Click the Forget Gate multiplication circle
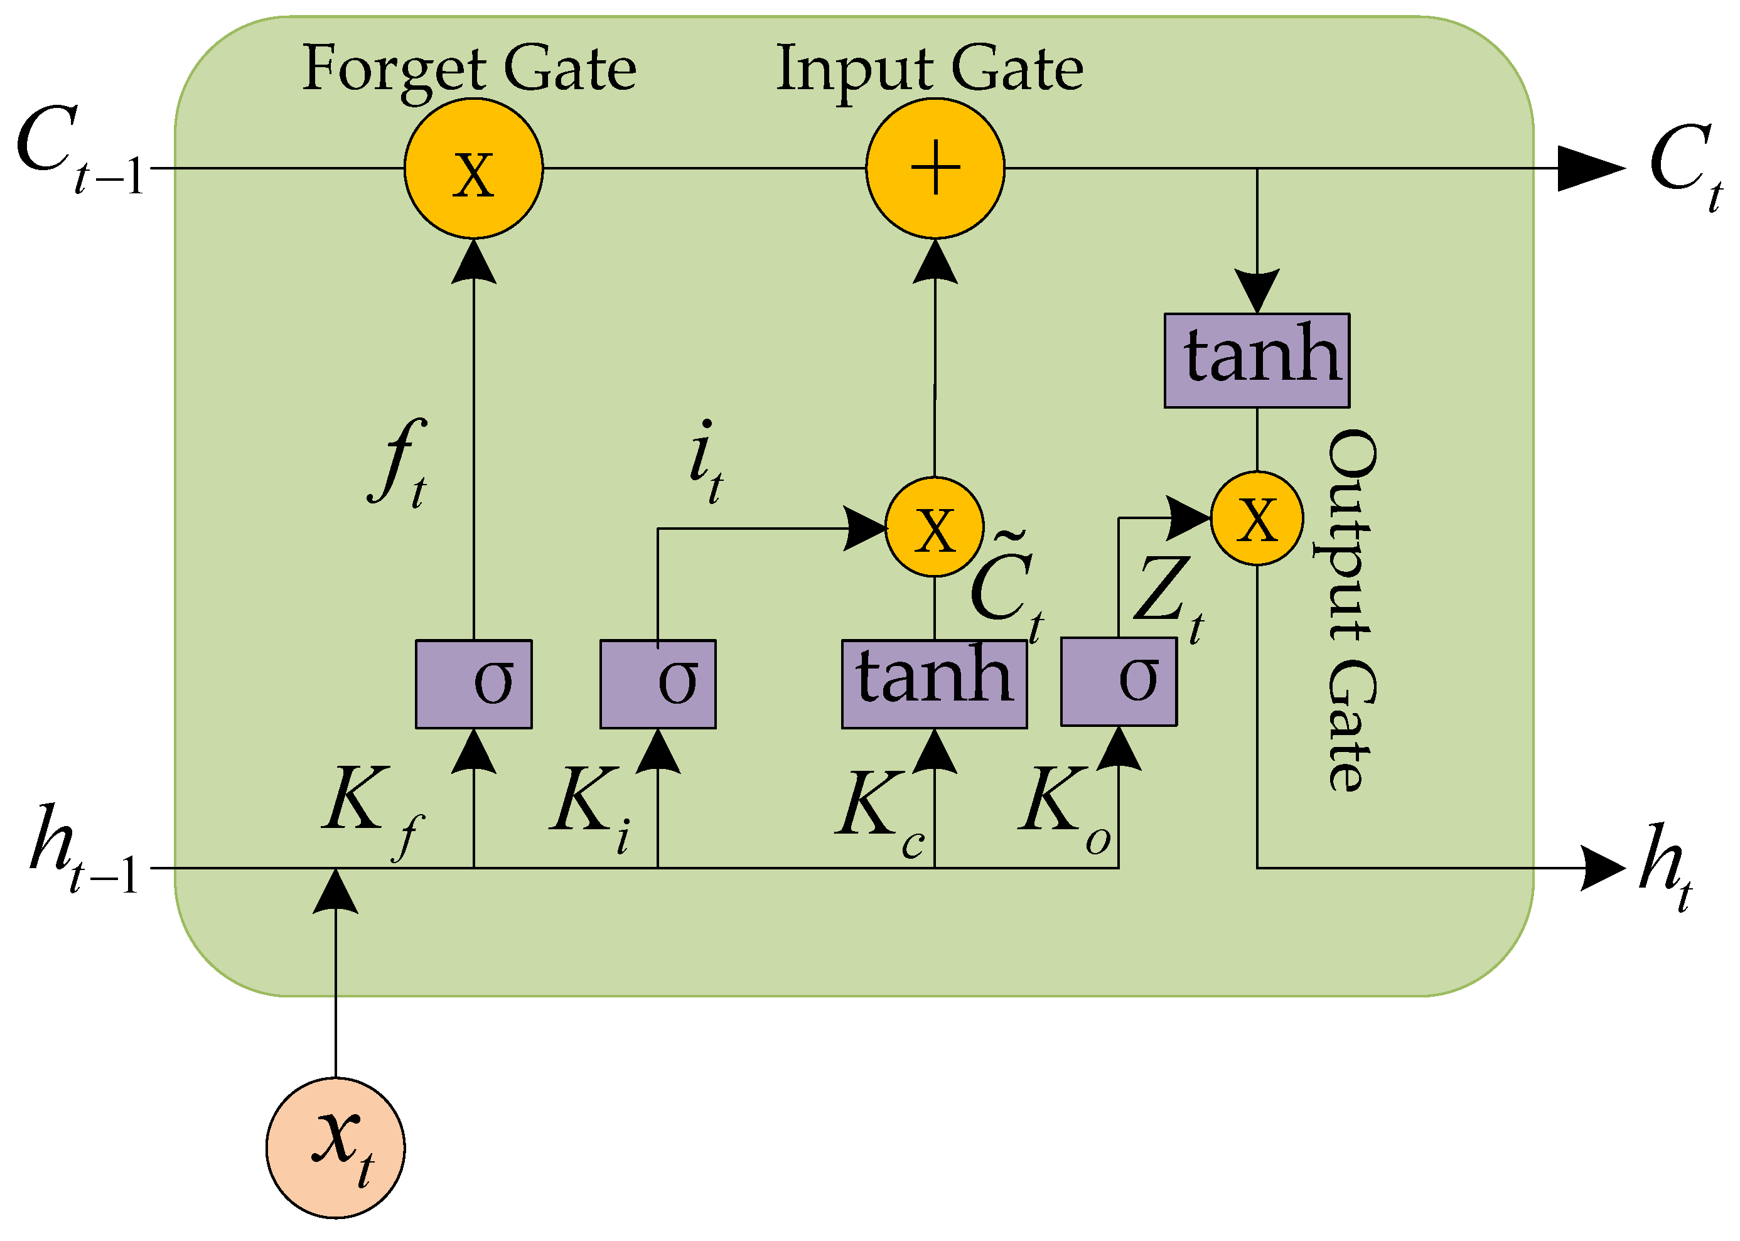[473, 168]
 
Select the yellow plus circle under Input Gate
[935, 168]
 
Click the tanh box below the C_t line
[1256, 360]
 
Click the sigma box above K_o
[1118, 682]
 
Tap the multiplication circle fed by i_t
[934, 527]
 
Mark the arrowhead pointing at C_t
[1589, 168]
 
